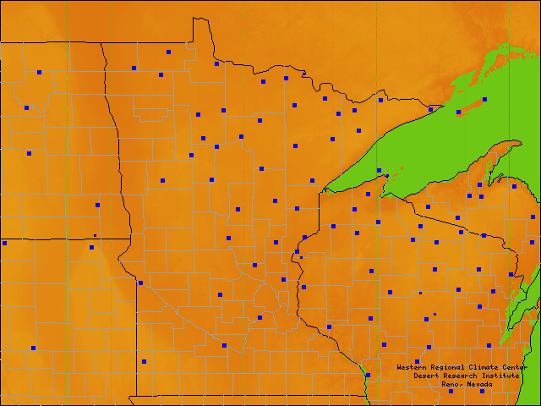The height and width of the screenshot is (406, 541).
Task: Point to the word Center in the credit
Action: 515,367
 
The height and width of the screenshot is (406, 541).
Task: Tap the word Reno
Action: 451,384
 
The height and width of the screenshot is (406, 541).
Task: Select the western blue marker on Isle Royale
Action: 459,112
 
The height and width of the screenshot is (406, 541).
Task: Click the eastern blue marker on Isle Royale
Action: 485,99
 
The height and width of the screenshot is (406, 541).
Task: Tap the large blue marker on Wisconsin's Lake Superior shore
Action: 379,170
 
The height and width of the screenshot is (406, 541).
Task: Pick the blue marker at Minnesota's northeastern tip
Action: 430,109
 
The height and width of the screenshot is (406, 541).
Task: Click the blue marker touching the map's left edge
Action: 4,243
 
